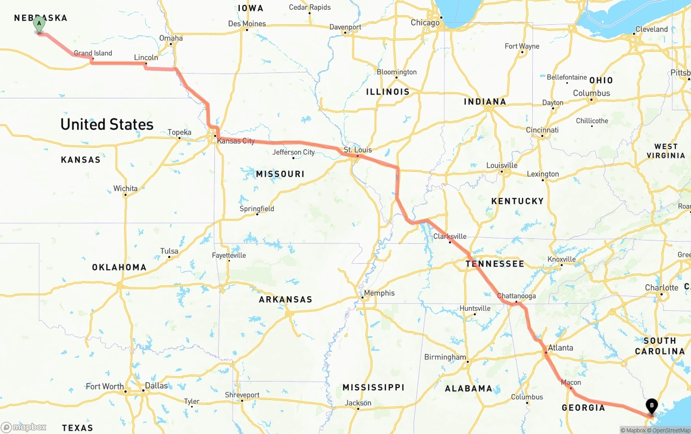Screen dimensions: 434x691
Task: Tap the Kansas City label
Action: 236,141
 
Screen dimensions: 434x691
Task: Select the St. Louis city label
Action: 358,150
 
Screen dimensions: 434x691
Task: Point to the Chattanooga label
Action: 516,296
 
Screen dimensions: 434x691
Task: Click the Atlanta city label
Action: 560,348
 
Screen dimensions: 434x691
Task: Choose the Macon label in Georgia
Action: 571,382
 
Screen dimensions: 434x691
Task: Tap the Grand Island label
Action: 93,53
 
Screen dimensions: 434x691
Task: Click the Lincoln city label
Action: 146,57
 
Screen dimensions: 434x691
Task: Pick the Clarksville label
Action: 450,236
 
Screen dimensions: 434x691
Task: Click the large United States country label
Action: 107,124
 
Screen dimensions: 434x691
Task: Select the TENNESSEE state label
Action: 495,264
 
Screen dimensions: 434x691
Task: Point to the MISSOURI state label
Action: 280,174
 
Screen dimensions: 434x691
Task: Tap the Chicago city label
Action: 425,23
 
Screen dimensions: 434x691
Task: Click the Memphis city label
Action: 379,293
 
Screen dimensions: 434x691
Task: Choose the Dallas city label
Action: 156,386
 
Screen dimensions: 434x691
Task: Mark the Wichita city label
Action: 125,189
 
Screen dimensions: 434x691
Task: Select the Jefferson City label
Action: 294,152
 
